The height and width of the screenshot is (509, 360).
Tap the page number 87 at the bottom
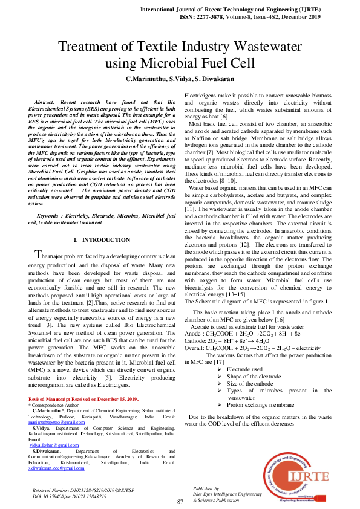point(180,502)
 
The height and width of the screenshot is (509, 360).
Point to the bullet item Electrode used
point(244,369)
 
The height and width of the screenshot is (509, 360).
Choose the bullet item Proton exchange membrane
point(260,404)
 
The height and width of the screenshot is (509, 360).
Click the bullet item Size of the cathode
point(249,383)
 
